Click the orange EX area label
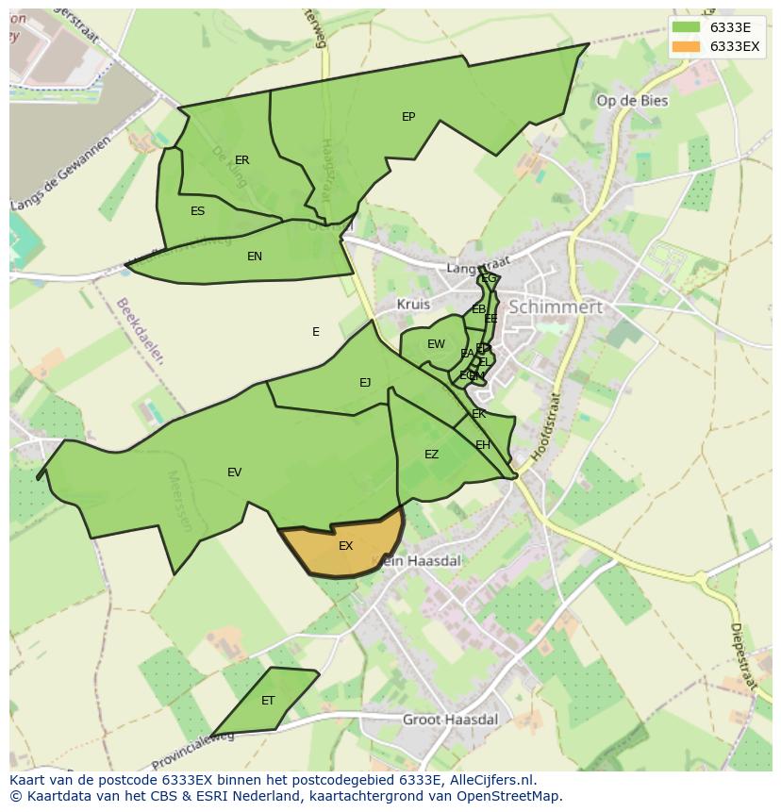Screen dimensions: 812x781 345,546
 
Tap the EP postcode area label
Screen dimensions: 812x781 408,117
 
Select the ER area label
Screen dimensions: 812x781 242,160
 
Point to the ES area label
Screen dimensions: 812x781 197,211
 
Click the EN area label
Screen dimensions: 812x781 255,257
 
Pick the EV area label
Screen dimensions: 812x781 234,472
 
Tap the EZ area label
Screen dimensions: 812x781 431,455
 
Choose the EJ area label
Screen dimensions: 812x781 365,382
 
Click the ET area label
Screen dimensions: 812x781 268,701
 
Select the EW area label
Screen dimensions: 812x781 436,344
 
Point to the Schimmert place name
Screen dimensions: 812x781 555,307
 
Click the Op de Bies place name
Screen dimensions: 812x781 632,101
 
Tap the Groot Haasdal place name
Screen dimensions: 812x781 450,719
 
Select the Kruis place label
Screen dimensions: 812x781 413,305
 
